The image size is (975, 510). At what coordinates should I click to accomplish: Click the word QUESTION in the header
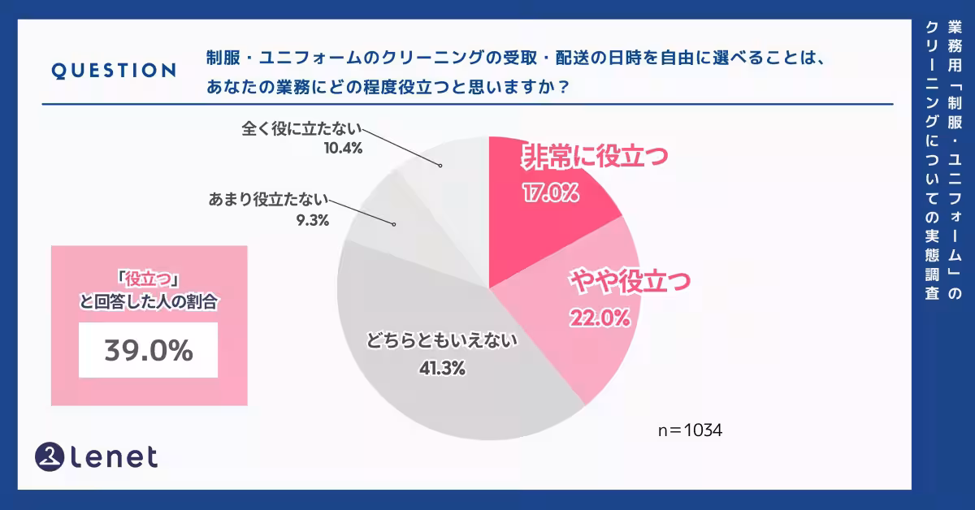pyautogui.click(x=113, y=71)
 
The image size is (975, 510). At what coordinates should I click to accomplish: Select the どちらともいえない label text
pyautogui.click(x=442, y=341)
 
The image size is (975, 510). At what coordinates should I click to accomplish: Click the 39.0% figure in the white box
pyautogui.click(x=148, y=350)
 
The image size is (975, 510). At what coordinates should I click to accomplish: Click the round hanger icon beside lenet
pyautogui.click(x=50, y=456)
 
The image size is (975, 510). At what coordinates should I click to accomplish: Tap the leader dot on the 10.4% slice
pyautogui.click(x=440, y=166)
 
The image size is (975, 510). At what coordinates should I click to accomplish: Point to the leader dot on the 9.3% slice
pyautogui.click(x=396, y=224)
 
